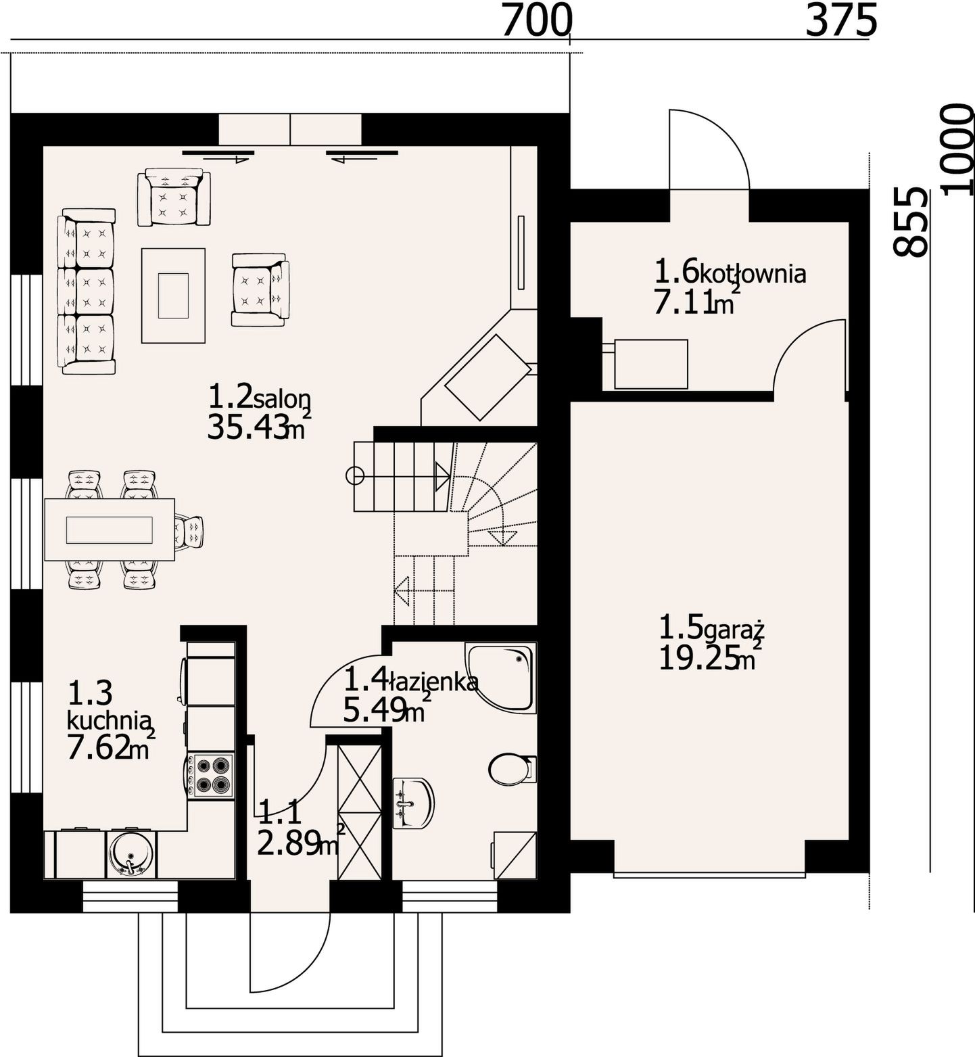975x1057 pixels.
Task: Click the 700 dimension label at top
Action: click(x=537, y=21)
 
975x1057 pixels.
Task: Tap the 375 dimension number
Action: click(x=841, y=21)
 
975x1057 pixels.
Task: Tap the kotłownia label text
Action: click(x=752, y=274)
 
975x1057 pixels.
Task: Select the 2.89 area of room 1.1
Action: click(x=289, y=843)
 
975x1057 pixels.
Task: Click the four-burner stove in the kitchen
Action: click(x=211, y=775)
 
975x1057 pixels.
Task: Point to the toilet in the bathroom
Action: click(x=513, y=769)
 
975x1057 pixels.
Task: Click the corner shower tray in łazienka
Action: click(x=501, y=677)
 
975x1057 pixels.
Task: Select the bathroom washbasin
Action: click(x=412, y=803)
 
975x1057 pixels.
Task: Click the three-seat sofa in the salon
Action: click(x=87, y=291)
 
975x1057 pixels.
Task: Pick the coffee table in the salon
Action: click(x=173, y=296)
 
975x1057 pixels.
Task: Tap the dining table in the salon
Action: click(x=110, y=530)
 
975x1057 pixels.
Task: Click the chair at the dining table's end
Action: click(x=189, y=530)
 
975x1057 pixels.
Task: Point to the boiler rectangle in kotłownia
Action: click(x=650, y=364)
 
